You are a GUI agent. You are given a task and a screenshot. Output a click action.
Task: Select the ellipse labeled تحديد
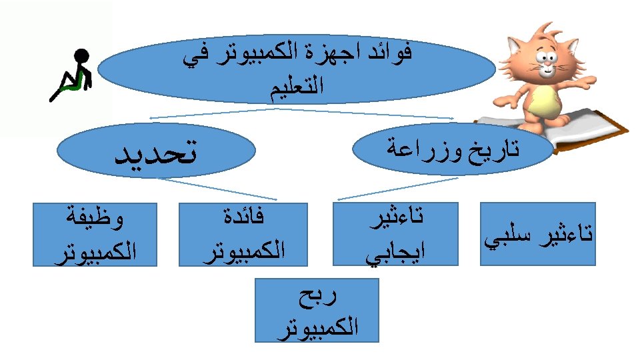pos(157,153)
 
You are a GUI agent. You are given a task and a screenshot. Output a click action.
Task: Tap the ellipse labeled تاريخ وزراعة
pos(453,149)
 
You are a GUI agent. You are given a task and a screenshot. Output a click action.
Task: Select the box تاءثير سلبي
pos(539,234)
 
